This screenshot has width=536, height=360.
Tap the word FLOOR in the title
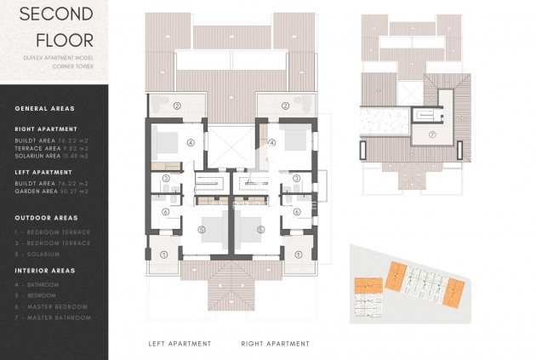(x=59, y=38)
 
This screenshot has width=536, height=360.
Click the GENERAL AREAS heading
(x=44, y=108)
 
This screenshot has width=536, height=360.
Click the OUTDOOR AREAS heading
(x=47, y=218)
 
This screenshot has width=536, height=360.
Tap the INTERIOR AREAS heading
(x=47, y=270)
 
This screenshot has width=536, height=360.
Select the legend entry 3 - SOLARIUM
(x=37, y=254)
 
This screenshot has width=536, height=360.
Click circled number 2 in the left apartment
(x=177, y=106)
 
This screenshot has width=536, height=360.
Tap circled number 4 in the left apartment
(x=191, y=143)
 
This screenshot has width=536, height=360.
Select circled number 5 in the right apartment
(x=260, y=230)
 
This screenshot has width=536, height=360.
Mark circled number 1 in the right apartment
(x=298, y=254)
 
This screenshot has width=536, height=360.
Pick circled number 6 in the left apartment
(x=165, y=212)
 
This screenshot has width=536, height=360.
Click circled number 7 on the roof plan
(x=431, y=134)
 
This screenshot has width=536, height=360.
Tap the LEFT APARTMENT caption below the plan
(x=180, y=344)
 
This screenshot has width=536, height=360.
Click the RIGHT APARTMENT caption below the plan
(x=275, y=344)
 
